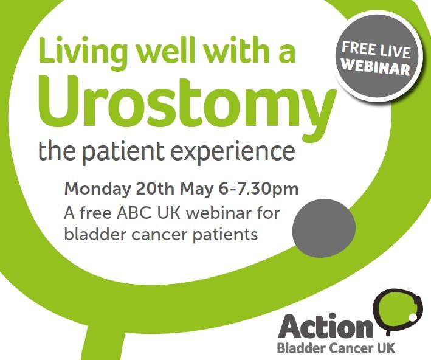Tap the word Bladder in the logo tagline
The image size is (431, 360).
[298, 348]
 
